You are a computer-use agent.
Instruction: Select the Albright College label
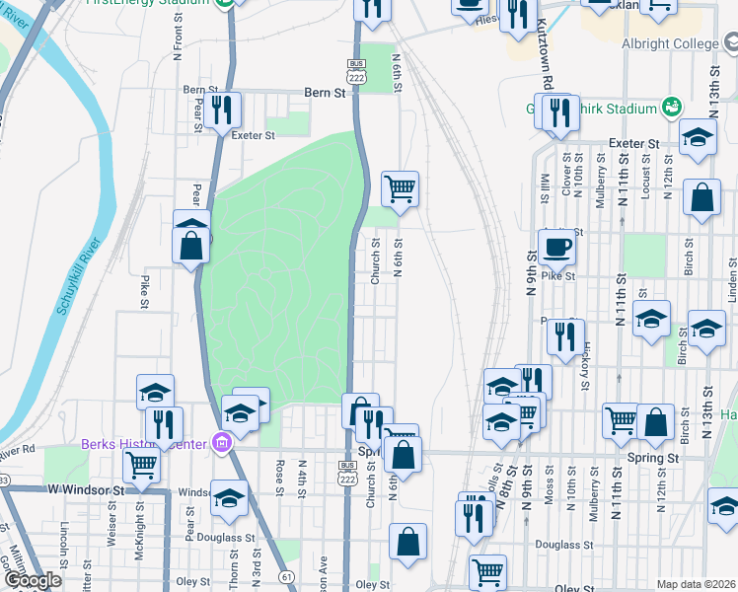[x=673, y=44]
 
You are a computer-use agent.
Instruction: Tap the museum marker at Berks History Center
[x=222, y=444]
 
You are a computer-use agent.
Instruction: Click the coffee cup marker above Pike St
[x=556, y=247]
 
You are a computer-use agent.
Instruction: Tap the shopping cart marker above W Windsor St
[x=141, y=464]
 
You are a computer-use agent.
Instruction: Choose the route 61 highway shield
[x=287, y=575]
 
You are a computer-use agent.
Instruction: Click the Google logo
[x=33, y=580]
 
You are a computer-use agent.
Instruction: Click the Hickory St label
[x=586, y=362]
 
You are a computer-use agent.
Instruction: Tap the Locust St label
[x=644, y=178]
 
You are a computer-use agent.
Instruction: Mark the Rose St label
[x=281, y=478]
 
